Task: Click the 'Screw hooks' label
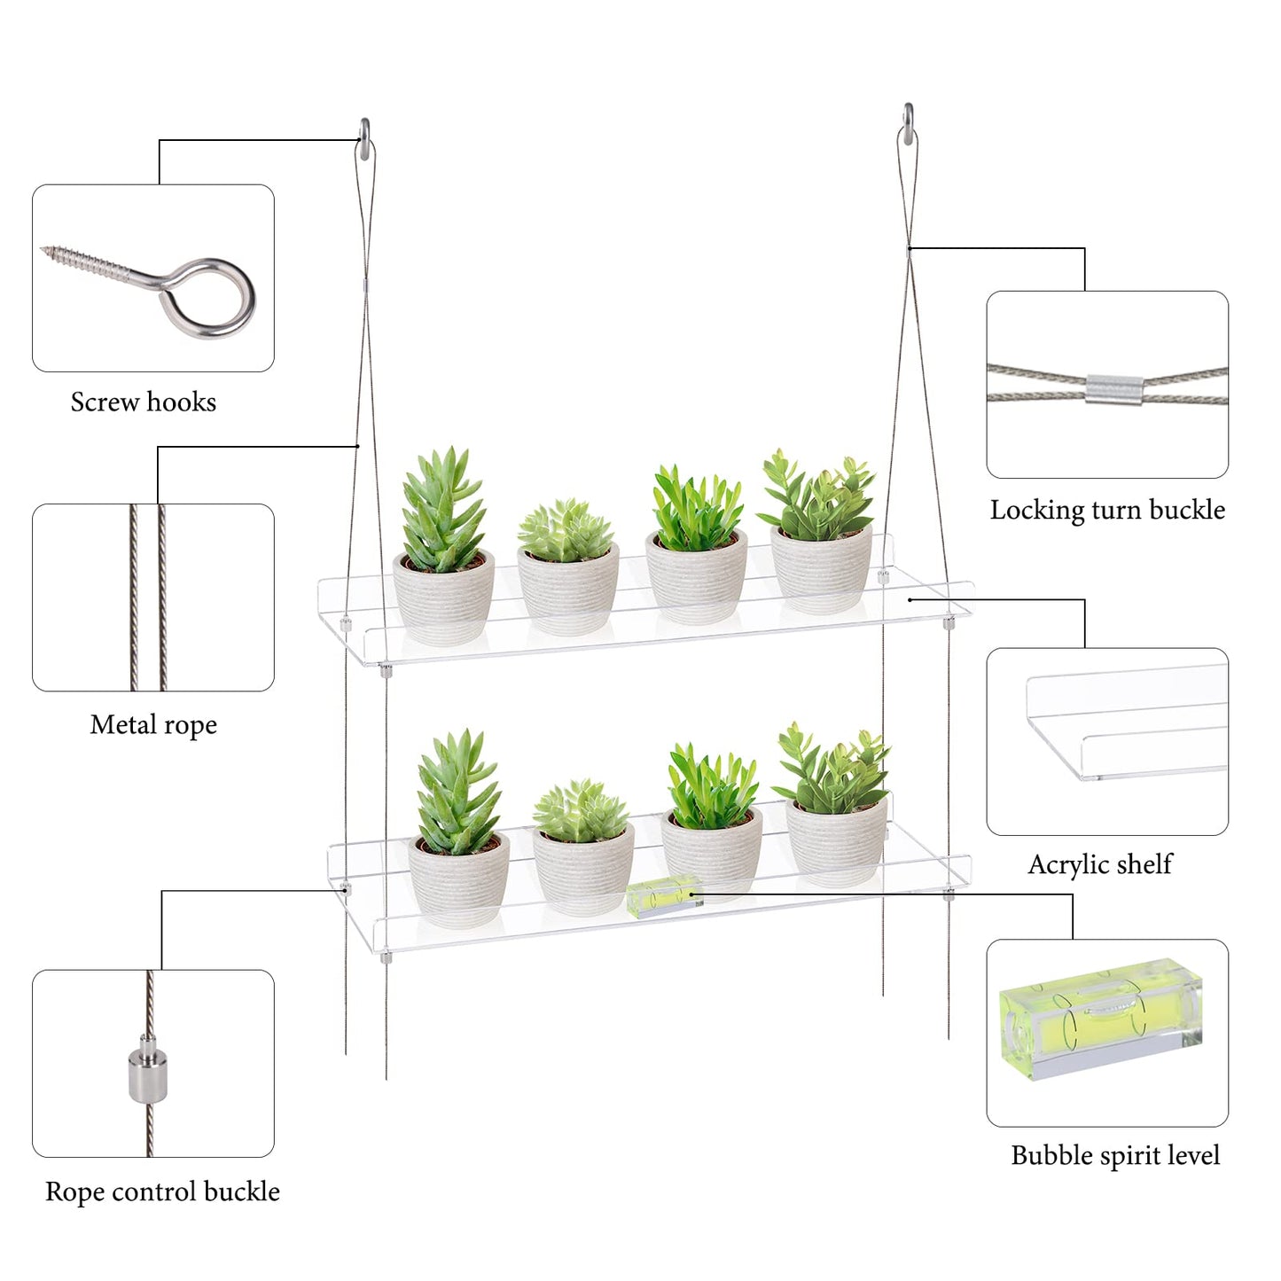144,402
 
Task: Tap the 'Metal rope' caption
153,725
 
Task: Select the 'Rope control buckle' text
162,1192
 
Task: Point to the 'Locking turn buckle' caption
1107,510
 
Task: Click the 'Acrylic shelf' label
1100,864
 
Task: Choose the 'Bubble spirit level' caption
1115,1155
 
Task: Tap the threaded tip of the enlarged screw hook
46,251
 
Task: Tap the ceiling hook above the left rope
364,138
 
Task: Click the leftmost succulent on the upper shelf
442,508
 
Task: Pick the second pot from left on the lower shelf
583,868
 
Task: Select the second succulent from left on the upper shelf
566,530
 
